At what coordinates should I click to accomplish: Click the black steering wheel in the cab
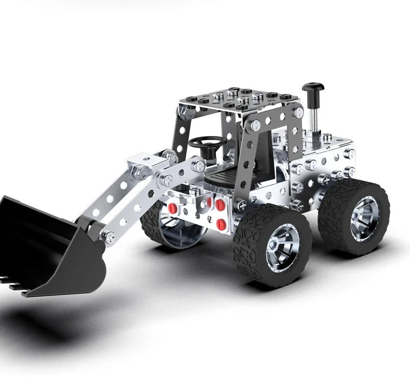click(207, 142)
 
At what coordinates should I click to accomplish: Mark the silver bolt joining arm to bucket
click(109, 237)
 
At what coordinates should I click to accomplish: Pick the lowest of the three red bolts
click(222, 224)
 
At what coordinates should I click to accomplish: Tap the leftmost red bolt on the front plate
click(172, 208)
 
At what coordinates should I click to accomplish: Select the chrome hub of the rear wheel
click(364, 218)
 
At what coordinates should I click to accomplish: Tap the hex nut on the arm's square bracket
click(140, 172)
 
